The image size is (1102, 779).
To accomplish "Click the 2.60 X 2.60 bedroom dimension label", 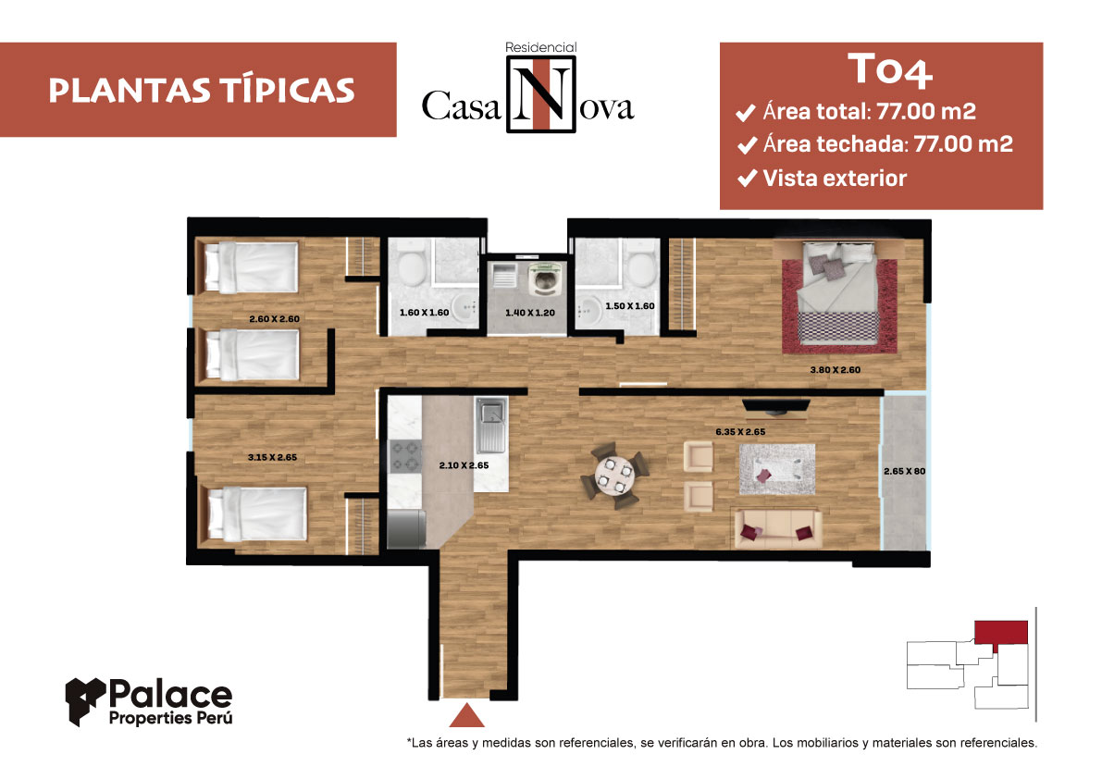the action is click(x=274, y=319).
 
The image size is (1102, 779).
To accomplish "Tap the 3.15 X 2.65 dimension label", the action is click(x=272, y=457).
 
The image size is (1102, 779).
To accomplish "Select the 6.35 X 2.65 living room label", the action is click(x=740, y=432).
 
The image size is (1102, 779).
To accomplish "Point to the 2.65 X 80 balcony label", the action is click(x=905, y=471).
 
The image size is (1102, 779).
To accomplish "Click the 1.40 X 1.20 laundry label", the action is click(x=530, y=313).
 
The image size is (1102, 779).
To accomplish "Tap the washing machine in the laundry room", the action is click(x=545, y=279).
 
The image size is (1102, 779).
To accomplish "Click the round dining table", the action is click(x=614, y=476).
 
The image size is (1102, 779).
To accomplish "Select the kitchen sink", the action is click(x=491, y=425).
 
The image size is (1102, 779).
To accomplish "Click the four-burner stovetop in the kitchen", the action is click(x=405, y=456).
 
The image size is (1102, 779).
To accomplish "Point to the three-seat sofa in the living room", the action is click(x=777, y=529).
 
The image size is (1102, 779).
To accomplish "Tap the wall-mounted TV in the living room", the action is click(x=776, y=405).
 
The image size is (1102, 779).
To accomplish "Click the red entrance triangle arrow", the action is click(x=466, y=715).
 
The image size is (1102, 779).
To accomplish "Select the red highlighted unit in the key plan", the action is click(x=1001, y=632).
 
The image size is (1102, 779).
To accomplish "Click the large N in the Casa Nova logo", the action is click(x=540, y=94).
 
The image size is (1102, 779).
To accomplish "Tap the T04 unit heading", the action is click(x=890, y=70).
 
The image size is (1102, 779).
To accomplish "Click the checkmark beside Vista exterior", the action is click(x=747, y=179).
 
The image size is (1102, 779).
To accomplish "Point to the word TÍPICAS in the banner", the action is click(x=287, y=91).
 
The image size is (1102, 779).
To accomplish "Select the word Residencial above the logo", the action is click(x=540, y=48).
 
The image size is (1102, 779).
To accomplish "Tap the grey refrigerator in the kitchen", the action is click(x=406, y=528).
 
